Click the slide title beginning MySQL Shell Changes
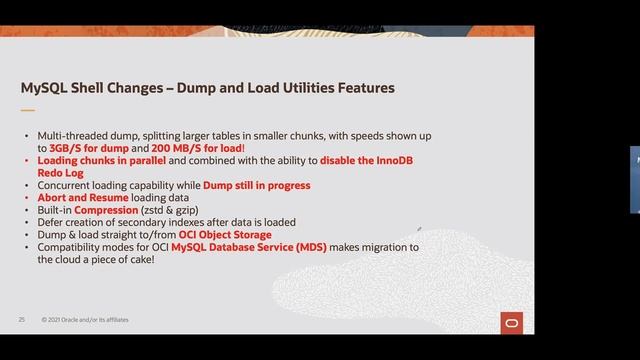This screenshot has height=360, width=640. [x=208, y=89]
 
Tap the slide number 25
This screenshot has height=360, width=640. [x=21, y=320]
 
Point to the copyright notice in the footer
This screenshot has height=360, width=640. [x=85, y=320]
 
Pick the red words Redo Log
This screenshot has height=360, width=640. [x=61, y=172]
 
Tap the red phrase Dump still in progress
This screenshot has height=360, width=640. [x=257, y=185]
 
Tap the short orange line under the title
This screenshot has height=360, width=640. [x=28, y=110]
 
